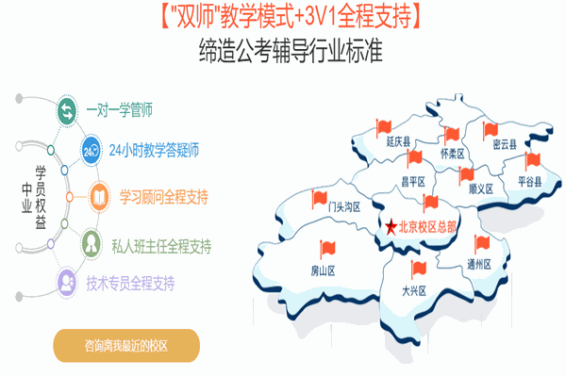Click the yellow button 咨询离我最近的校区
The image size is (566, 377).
pos(126,346)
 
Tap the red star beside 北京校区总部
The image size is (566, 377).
pos(391,227)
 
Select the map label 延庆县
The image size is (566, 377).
pos(398,141)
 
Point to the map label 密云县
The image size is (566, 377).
pos(505,144)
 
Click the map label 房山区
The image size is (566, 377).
pos(323,270)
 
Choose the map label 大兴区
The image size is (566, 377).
pos(414,291)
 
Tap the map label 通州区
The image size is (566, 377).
pos(479,265)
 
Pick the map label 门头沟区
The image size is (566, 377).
pos(344,206)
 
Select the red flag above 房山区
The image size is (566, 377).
pos(327,249)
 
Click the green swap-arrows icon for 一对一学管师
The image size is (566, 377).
pos(67,110)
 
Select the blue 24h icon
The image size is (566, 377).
pos(91,151)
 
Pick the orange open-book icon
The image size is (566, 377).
pos(99,197)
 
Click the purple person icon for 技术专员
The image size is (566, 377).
pos(67,283)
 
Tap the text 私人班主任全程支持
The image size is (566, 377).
pos(161,247)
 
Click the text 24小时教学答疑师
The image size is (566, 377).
pos(154,151)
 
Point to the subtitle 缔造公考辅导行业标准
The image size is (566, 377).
pos(291,51)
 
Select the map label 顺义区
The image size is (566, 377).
pos(481,188)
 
